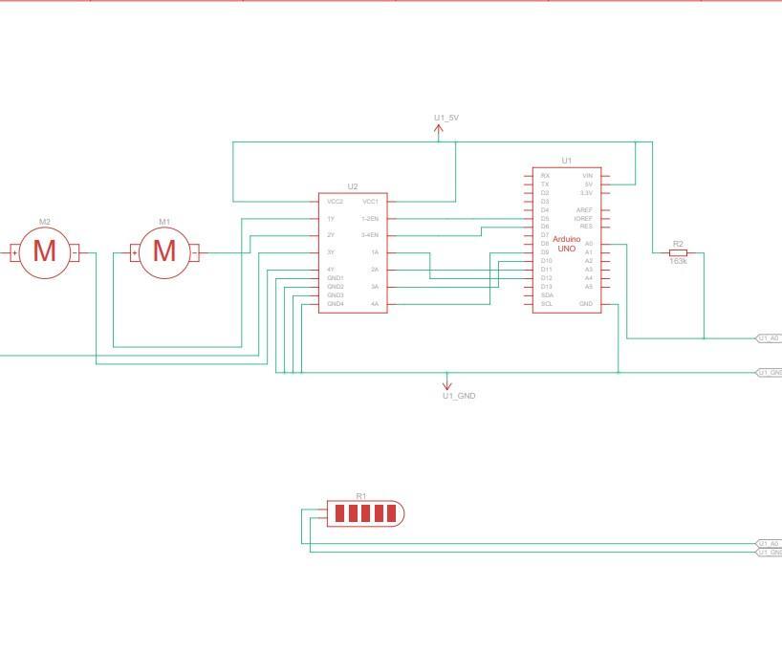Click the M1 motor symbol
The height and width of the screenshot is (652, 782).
[x=164, y=251]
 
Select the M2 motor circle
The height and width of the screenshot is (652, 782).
[x=45, y=251]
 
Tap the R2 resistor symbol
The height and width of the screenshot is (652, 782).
[x=678, y=252]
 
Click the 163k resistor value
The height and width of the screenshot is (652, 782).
[x=678, y=261]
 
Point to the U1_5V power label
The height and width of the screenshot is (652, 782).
[x=446, y=118]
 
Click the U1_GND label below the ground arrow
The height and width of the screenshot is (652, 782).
[x=459, y=396]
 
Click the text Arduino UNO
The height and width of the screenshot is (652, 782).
[x=567, y=244]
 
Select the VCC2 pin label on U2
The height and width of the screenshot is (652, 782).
[x=335, y=202]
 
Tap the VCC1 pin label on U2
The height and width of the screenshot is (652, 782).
[x=370, y=202]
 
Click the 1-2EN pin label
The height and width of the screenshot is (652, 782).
[x=369, y=219]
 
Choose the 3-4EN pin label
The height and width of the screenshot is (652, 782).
[x=369, y=235]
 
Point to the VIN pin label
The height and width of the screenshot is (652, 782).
[x=587, y=176]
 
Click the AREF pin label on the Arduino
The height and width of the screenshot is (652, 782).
[x=584, y=210]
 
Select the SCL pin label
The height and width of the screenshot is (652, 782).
[x=546, y=304]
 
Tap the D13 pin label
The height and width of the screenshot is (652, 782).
[x=546, y=287]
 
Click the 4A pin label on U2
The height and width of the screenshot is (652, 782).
[x=375, y=304]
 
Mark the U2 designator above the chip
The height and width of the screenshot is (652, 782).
[x=353, y=186]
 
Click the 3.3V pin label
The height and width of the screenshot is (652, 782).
[x=586, y=193]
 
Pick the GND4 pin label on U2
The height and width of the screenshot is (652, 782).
[x=336, y=304]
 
